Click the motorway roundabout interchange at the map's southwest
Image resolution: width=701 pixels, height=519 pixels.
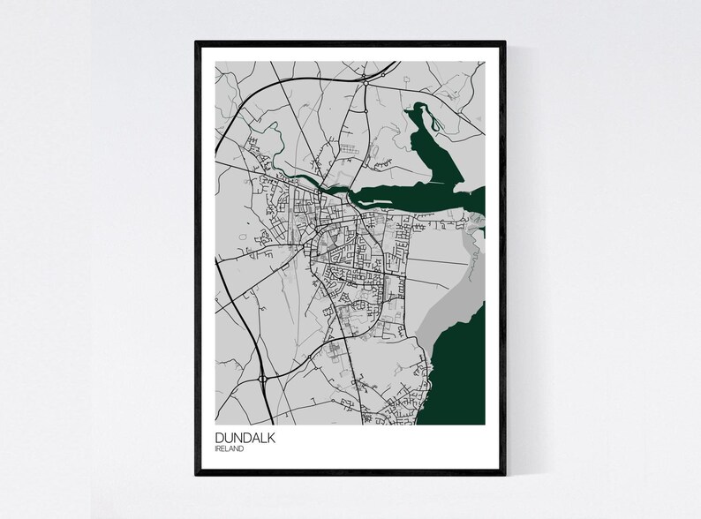263,380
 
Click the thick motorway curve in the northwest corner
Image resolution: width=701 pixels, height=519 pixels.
243,97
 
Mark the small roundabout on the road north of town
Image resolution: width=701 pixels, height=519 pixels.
363,114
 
